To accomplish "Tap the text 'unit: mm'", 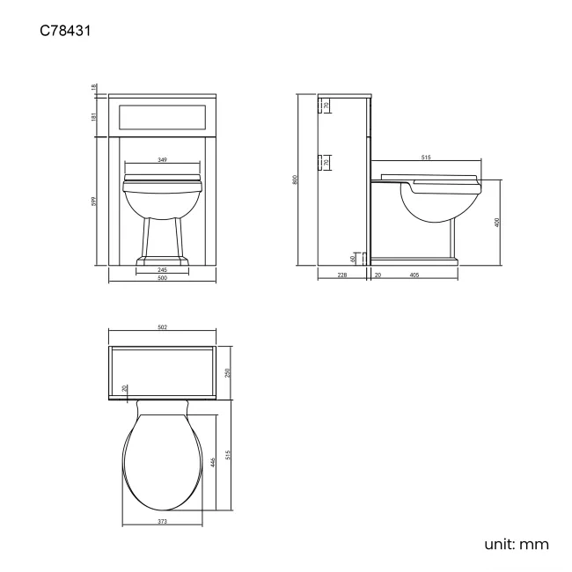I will [516, 544].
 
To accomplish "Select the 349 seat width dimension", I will [163, 161].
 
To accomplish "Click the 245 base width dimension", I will [163, 269].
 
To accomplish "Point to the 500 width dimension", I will [163, 279].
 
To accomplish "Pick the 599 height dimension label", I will [95, 202].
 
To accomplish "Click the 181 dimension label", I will [95, 116].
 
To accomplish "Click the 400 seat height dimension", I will [498, 223].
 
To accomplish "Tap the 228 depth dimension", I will [342, 276].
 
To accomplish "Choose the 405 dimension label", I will [414, 276].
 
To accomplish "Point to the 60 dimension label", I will [353, 258].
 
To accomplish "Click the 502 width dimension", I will [162, 328].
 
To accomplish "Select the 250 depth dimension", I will [228, 372].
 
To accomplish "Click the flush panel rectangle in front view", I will [162, 116].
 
